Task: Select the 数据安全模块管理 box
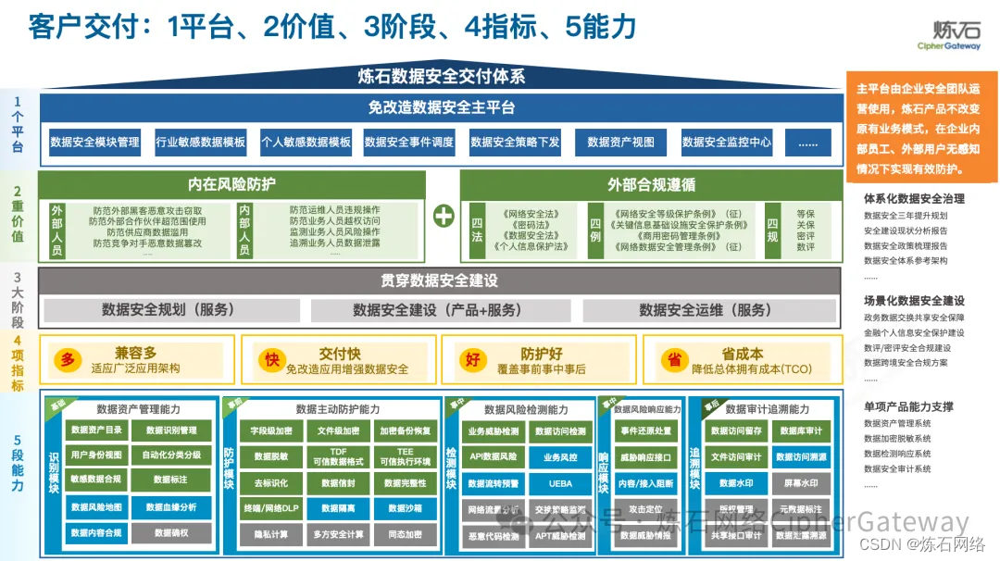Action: [x=94, y=142]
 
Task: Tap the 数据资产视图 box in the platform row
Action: [x=620, y=142]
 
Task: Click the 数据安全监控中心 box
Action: [x=727, y=142]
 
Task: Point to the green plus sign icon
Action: [x=444, y=216]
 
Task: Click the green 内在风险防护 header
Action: [x=231, y=184]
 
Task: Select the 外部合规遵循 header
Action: [x=651, y=184]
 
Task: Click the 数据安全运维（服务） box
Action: [x=705, y=309]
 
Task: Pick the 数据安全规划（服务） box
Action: [x=169, y=309]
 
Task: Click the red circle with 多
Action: [x=68, y=359]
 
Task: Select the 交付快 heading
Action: [x=340, y=353]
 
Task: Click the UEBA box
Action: [x=560, y=483]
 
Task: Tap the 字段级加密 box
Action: [x=271, y=431]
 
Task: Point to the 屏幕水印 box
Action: [x=800, y=482]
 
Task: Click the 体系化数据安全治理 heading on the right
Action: [x=914, y=198]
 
